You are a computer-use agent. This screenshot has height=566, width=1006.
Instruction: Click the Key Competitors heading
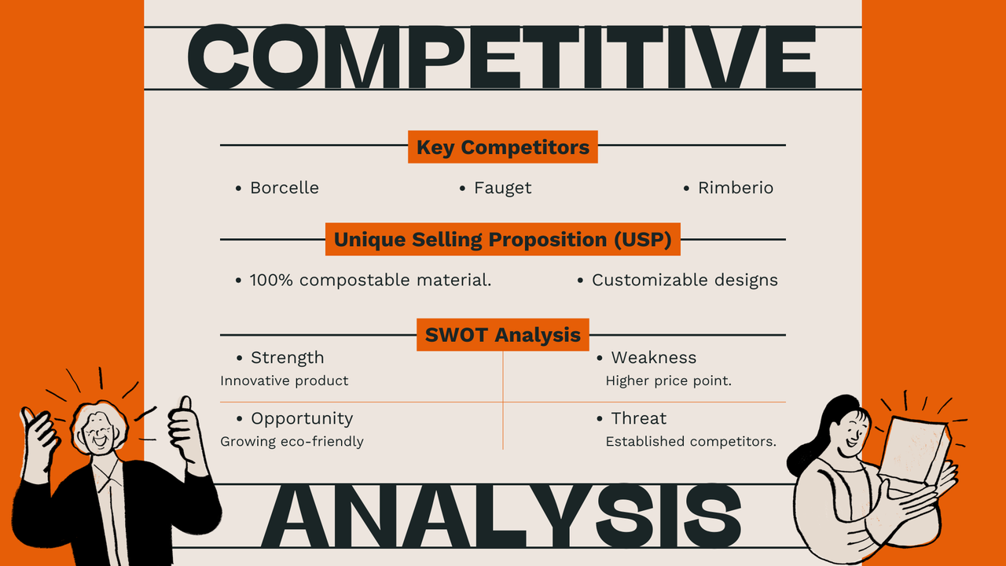click(502, 147)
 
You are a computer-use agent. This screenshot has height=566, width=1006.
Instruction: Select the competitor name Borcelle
click(284, 188)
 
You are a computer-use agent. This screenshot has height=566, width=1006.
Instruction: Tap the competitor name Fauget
click(502, 188)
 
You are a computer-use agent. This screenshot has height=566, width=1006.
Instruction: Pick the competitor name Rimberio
click(736, 188)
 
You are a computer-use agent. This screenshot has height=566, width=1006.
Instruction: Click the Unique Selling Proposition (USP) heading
click(502, 240)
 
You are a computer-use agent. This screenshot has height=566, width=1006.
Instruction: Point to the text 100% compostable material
click(370, 280)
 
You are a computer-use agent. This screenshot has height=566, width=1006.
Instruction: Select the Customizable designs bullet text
click(685, 280)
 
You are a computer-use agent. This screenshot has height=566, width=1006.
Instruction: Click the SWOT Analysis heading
click(502, 335)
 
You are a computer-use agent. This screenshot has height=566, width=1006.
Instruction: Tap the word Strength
click(287, 358)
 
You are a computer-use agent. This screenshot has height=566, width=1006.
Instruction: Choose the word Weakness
click(653, 358)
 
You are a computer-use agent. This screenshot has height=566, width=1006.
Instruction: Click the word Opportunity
click(302, 418)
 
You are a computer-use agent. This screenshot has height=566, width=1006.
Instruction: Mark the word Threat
click(638, 418)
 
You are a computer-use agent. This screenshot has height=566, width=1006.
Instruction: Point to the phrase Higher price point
click(668, 380)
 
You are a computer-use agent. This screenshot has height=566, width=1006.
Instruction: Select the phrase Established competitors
click(691, 442)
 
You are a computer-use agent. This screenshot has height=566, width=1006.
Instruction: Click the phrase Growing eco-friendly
click(292, 442)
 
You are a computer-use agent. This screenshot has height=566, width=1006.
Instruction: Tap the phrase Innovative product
click(284, 380)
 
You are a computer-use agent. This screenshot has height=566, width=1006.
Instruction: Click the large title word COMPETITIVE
click(502, 57)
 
